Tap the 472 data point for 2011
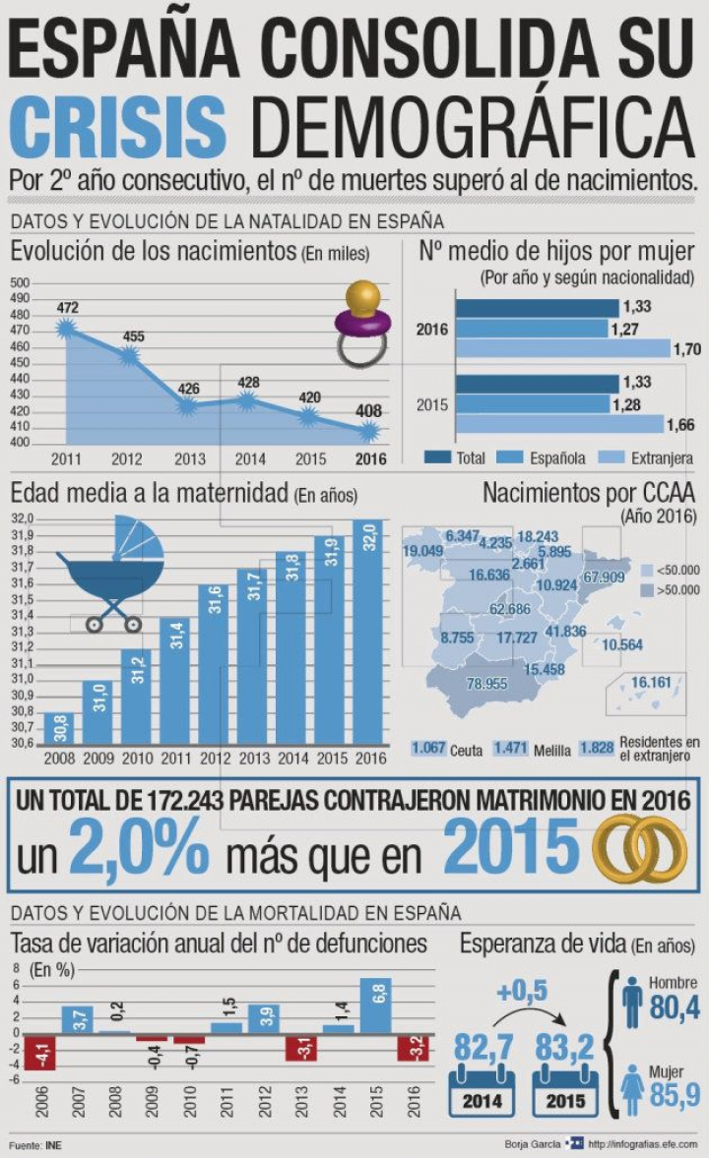tap(67, 329)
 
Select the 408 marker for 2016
tap(369, 431)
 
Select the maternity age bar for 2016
tap(368, 631)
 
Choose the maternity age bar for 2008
tap(59, 727)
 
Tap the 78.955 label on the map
tap(486, 683)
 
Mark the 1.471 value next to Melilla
tap(512, 749)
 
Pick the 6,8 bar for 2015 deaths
tap(375, 1005)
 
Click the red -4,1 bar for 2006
tap(40, 1051)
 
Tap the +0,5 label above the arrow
tap(522, 993)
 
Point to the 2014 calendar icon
tap(482, 1092)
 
